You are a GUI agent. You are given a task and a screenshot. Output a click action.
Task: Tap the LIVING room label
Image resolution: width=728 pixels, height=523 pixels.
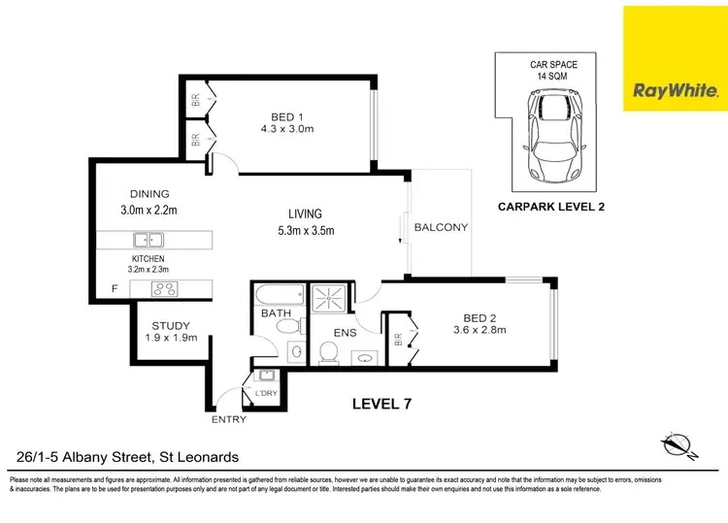point(304,213)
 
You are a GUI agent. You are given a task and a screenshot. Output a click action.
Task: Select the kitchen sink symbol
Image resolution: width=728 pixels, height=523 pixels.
point(149,240)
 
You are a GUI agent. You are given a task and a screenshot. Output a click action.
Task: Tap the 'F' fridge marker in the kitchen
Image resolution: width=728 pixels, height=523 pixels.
point(114,289)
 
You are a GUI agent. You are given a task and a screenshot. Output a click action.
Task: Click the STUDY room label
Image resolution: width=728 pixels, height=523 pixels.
point(170,325)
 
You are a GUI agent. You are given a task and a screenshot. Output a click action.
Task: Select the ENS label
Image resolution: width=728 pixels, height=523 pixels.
point(345,333)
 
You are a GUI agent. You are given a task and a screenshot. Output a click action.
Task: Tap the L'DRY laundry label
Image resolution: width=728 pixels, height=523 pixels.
point(265,393)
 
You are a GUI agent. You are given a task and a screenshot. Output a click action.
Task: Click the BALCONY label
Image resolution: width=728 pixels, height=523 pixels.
point(441,228)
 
